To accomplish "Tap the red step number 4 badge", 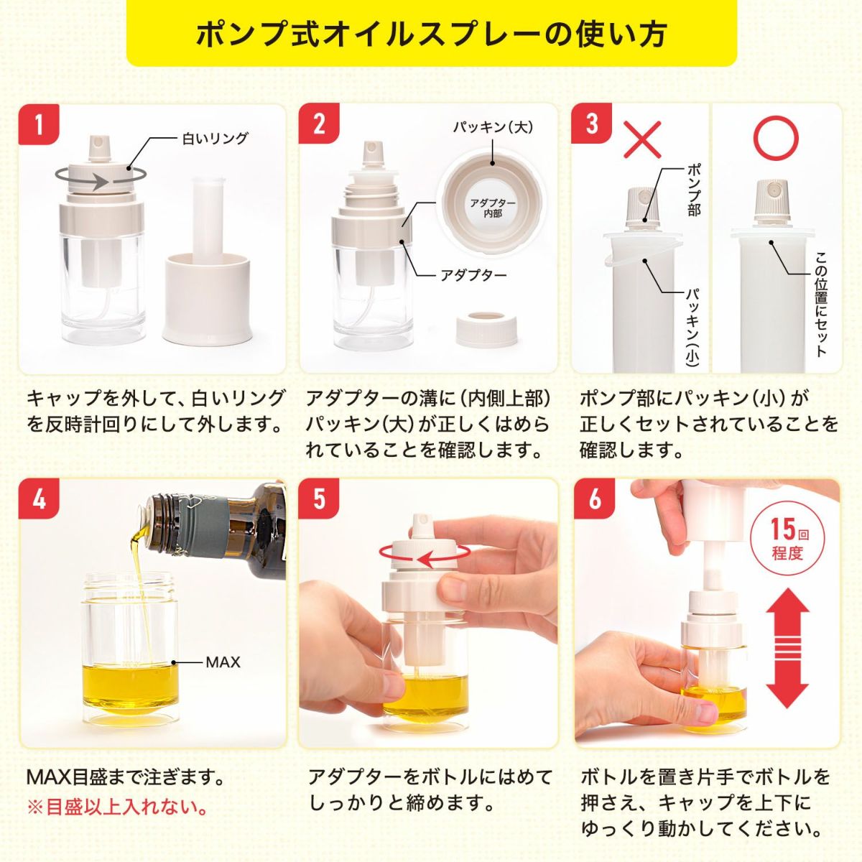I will coord(38,498).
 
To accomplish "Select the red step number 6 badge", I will coord(594,498).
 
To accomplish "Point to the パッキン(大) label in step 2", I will coord(493,127).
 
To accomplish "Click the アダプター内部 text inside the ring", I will coord(493,208).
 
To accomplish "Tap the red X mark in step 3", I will coord(641,139).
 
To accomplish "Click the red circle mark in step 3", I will coord(775,139).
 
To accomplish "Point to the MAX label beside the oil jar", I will coord(223,662).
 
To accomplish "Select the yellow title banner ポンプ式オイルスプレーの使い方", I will coord(431,34).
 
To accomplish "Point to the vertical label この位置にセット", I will coord(820,304).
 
